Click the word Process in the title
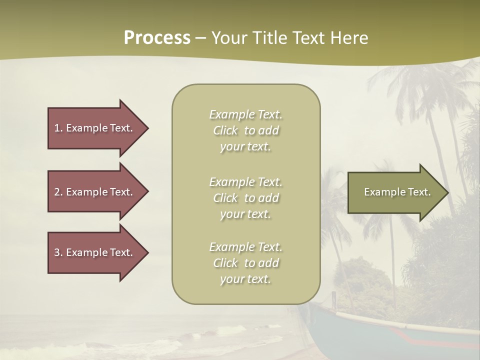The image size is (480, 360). coord(157,38)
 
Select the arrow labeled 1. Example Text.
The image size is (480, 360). coord(93,128)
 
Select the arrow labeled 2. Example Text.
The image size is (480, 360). coord(93,192)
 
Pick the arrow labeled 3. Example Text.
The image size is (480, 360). coord(93,252)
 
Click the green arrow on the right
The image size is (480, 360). coord(395,192)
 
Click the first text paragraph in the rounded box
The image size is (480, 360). coord(245,130)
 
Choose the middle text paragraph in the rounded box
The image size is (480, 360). coord(245,198)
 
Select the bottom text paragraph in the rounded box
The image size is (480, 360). coord(245,263)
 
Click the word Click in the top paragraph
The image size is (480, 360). coord(225,131)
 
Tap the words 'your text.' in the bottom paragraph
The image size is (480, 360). coord(245,279)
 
